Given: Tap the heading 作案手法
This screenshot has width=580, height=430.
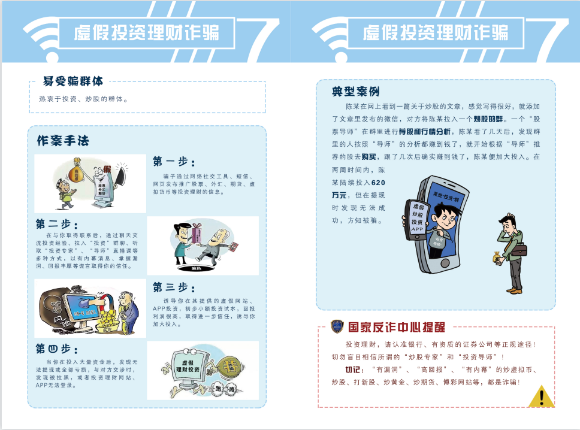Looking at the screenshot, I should (63, 141).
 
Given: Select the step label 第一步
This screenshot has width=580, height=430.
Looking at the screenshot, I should (174, 162).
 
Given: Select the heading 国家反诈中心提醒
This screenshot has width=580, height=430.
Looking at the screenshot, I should (396, 328).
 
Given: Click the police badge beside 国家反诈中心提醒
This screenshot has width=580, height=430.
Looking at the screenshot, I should (337, 327).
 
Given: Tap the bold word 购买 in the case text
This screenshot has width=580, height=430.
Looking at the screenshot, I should (368, 157).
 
